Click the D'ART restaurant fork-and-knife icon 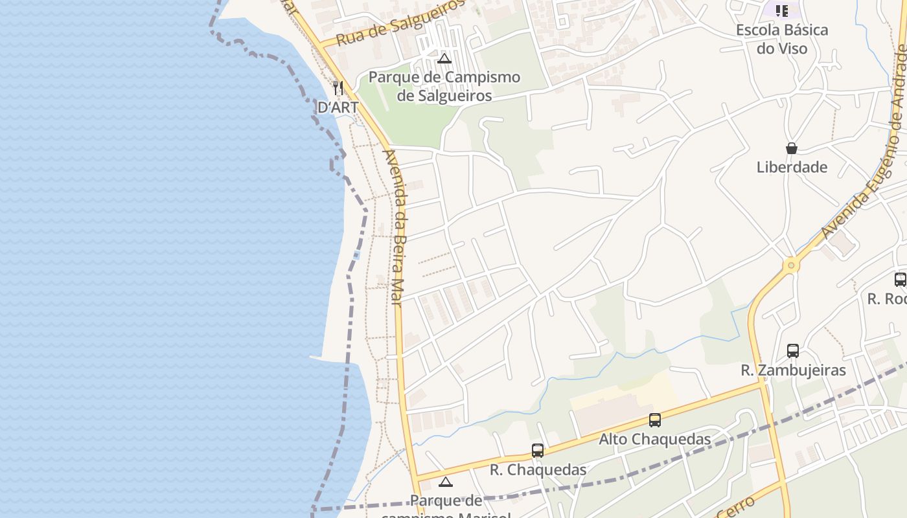[x=338, y=87]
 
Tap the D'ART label [x=338, y=107]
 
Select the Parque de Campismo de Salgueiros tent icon [x=444, y=59]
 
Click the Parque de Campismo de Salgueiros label [x=444, y=86]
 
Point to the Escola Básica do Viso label [x=782, y=39]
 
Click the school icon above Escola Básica [x=782, y=11]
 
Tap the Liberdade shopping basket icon [x=791, y=148]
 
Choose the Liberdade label [x=792, y=167]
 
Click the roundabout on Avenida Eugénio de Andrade [x=790, y=265]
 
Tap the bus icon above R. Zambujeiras [x=793, y=351]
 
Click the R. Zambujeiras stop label [x=793, y=370]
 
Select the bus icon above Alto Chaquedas [x=655, y=420]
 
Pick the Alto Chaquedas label [x=654, y=439]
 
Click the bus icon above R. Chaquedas [x=538, y=451]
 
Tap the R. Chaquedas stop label [x=538, y=469]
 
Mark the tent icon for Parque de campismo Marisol [x=445, y=482]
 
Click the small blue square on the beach [x=356, y=255]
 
